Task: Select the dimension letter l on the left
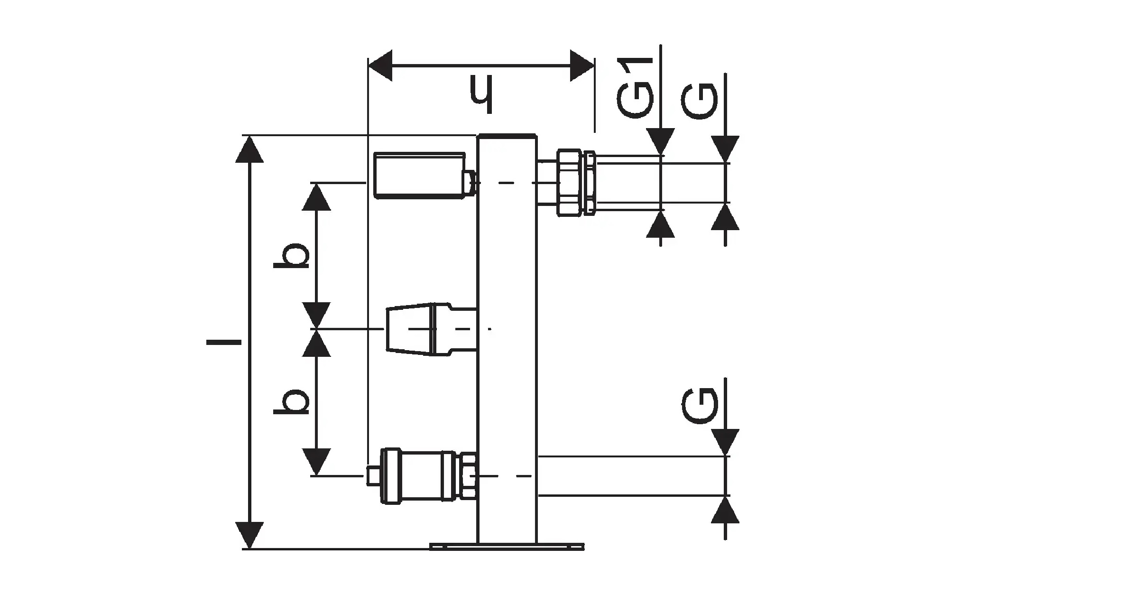click(x=224, y=342)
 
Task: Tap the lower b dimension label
click(x=291, y=401)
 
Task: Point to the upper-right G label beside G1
click(x=699, y=102)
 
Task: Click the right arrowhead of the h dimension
click(x=582, y=65)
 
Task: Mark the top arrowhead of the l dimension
click(x=249, y=149)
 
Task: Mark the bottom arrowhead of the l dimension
click(x=249, y=535)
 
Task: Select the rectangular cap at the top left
click(x=419, y=175)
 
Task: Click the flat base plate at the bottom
click(x=507, y=547)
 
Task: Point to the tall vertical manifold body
click(x=507, y=339)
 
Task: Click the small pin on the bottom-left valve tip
click(x=373, y=476)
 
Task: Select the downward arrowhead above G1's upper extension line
click(x=661, y=142)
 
